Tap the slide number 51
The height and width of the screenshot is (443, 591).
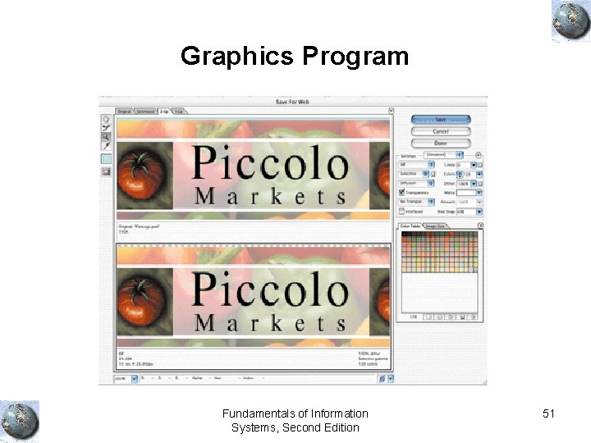tap(549, 414)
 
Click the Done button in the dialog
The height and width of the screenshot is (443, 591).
tap(441, 143)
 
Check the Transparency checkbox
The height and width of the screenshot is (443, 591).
tap(401, 193)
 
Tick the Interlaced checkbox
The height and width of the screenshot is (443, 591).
tap(401, 211)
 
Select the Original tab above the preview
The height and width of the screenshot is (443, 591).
tap(124, 111)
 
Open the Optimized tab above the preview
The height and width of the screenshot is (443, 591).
tap(145, 111)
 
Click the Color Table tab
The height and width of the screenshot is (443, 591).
tap(410, 225)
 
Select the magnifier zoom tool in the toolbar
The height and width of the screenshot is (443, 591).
tap(106, 136)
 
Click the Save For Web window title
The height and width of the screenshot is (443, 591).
tap(293, 102)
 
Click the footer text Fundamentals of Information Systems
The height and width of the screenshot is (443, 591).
tap(295, 420)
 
